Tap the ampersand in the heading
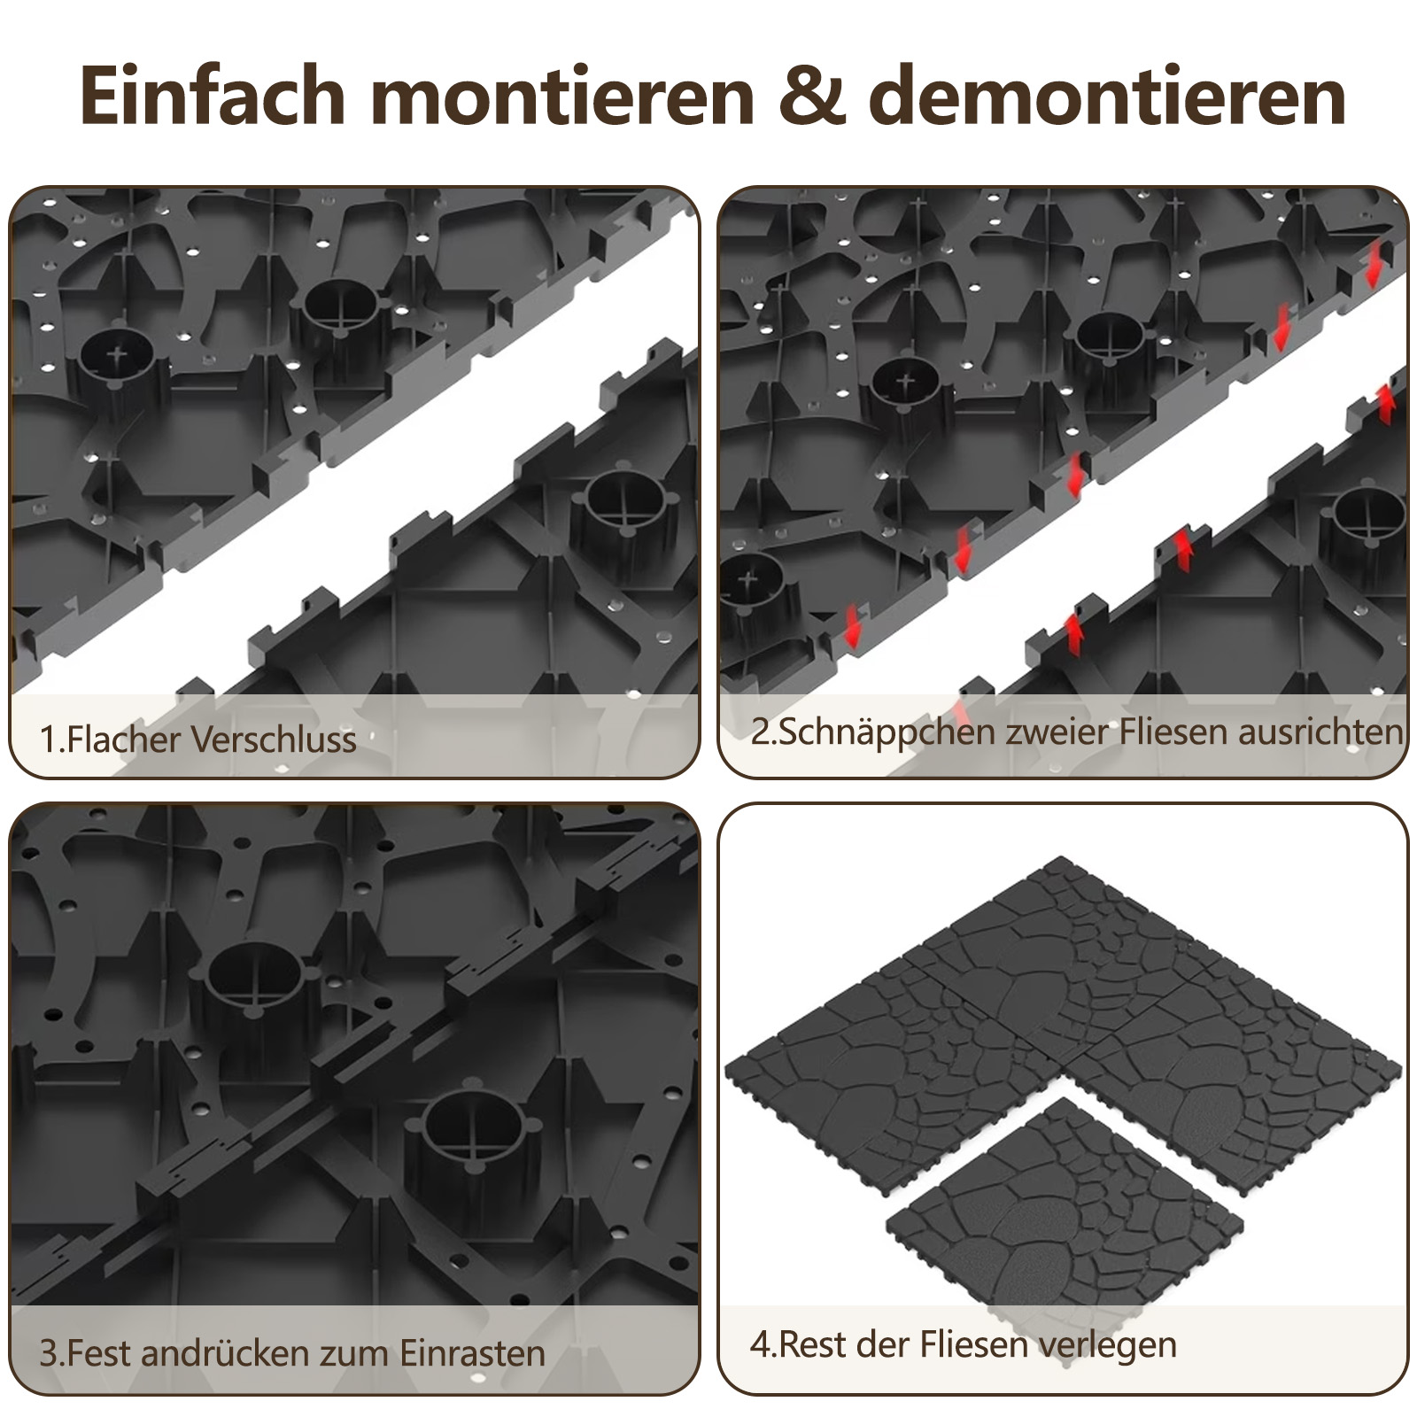pos(811,96)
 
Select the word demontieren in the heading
pos(1107,95)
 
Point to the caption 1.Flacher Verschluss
pos(197,739)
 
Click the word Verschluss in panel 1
pos(274,739)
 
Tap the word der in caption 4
pos(885,1344)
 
